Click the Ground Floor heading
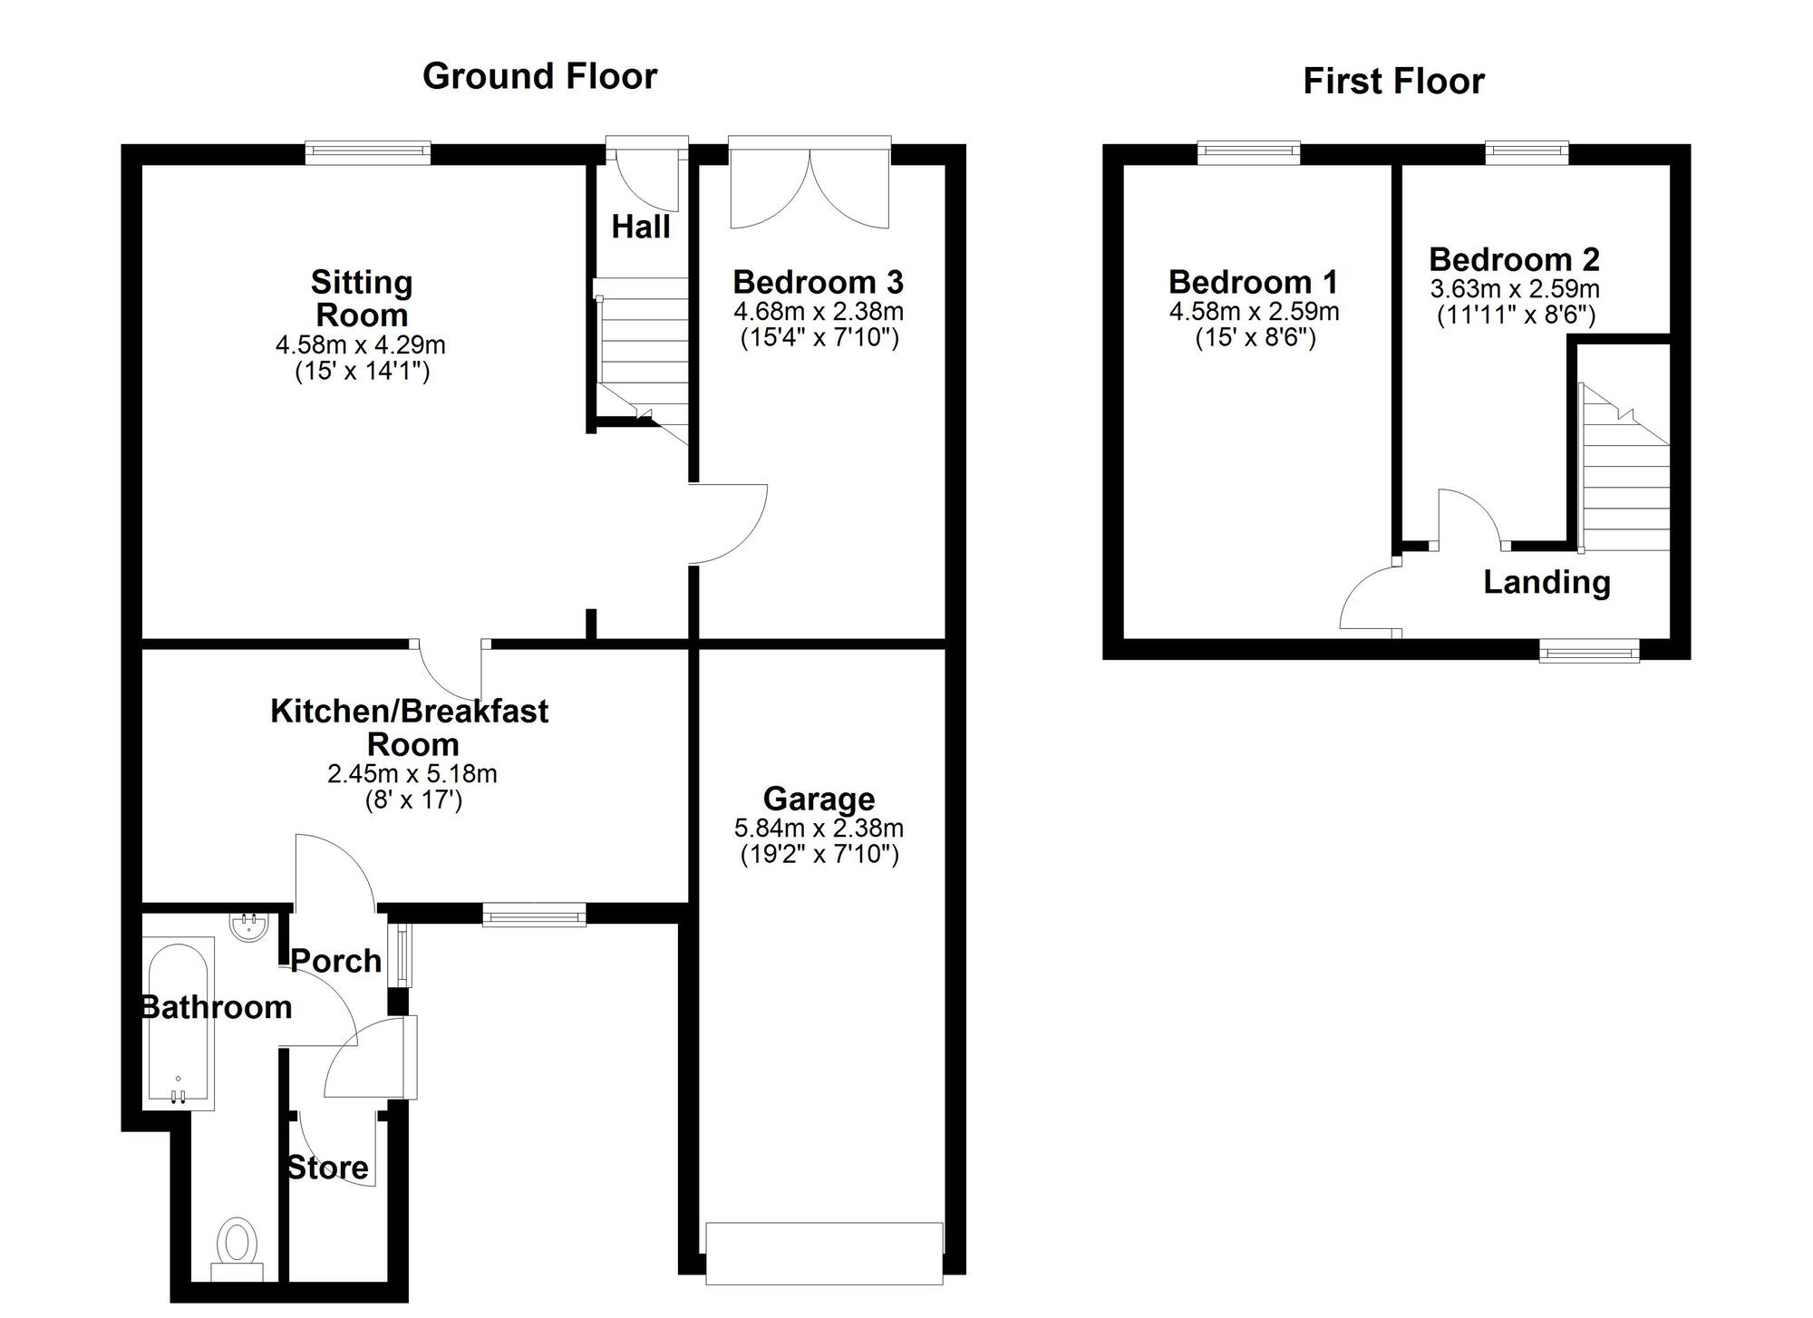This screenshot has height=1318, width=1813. click(539, 76)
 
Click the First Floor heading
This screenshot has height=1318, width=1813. click(1393, 82)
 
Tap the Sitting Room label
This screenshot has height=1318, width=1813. click(362, 298)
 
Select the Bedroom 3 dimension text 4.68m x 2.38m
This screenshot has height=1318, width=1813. click(819, 312)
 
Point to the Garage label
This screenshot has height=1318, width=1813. click(819, 799)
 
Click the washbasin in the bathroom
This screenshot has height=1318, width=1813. click(248, 926)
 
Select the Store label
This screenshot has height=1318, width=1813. click(328, 1168)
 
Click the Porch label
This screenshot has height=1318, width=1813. click(336, 961)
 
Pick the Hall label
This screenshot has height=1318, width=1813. click(641, 227)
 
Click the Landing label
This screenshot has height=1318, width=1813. click(1546, 582)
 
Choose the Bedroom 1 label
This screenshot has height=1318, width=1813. click(1253, 282)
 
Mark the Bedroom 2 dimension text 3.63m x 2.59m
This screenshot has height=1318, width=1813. click(1515, 290)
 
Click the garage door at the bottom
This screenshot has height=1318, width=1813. click(824, 1252)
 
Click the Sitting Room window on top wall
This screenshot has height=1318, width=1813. click(367, 153)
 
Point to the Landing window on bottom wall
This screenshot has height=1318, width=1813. click(1589, 650)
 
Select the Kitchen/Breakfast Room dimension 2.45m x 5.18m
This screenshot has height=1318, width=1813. click(412, 774)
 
